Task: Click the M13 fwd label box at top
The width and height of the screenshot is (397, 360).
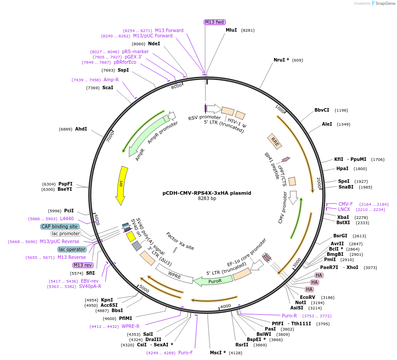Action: point(215,22)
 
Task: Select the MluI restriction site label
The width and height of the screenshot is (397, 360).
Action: point(231,30)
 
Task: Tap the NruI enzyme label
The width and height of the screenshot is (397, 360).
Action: point(281,60)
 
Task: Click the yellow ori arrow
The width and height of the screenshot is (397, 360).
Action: point(122,185)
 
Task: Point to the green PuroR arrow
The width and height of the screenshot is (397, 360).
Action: point(213,280)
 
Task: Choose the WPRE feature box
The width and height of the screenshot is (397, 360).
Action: point(174,276)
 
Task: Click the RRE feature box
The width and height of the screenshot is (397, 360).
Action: point(274,141)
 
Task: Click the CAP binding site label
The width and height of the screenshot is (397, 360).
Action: point(60,226)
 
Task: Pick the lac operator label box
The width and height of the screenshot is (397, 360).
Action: point(72,249)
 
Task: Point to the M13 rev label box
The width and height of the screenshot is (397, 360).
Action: point(83,265)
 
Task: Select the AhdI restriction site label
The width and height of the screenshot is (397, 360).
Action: point(81,129)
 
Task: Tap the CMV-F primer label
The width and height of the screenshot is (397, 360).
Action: point(346,204)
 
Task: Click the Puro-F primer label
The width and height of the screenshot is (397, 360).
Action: point(185,353)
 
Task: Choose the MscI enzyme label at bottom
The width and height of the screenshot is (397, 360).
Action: point(217,353)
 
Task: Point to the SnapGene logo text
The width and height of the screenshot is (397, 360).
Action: point(384,4)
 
